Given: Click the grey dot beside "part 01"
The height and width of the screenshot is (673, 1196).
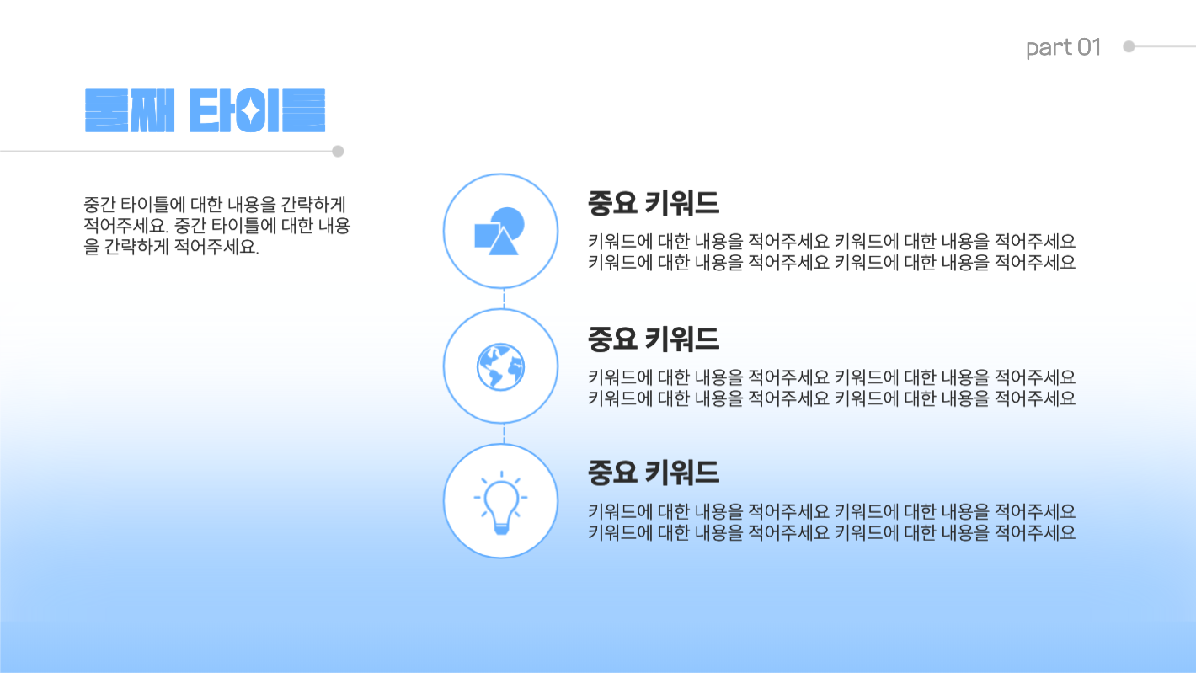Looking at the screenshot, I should (1129, 47).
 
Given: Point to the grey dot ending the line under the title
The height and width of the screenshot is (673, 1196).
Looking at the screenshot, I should (338, 152).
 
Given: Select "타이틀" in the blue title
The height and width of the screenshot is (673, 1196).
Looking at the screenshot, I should (257, 110).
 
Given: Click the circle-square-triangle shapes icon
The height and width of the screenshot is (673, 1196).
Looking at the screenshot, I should (500, 231).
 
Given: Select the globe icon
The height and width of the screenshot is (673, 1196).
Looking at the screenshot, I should (500, 367).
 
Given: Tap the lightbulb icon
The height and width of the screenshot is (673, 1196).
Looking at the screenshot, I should (500, 502).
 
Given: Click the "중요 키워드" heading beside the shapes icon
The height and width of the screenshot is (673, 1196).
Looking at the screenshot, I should (653, 204).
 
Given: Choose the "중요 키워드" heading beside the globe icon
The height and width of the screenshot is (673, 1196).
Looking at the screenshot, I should (653, 339).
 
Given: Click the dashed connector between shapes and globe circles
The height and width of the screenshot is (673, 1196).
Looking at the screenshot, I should (504, 298).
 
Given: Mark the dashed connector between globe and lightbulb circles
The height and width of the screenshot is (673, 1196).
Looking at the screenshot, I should (504, 433).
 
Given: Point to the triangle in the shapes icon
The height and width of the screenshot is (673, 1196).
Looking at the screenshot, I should (502, 243).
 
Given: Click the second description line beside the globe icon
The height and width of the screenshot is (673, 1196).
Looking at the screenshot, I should (831, 398).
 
